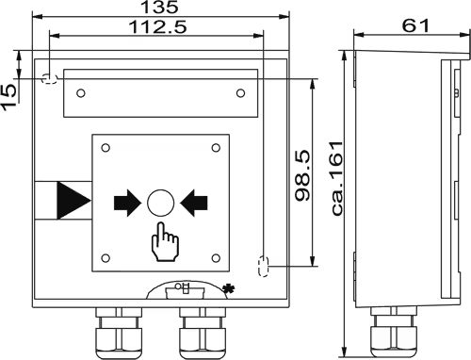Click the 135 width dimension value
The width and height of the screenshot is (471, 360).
[160, 7]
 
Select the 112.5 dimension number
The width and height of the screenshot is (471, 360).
[157, 27]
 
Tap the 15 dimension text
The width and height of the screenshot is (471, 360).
[8, 97]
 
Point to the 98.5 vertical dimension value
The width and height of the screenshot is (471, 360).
[303, 175]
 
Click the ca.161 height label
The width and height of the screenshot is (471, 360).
[337, 178]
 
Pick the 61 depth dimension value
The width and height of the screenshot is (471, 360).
[415, 25]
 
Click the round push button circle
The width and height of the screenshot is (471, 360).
[161, 203]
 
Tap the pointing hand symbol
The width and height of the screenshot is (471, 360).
[165, 242]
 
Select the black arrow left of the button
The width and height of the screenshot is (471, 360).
[127, 203]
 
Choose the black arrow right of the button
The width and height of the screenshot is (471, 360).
[194, 203]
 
